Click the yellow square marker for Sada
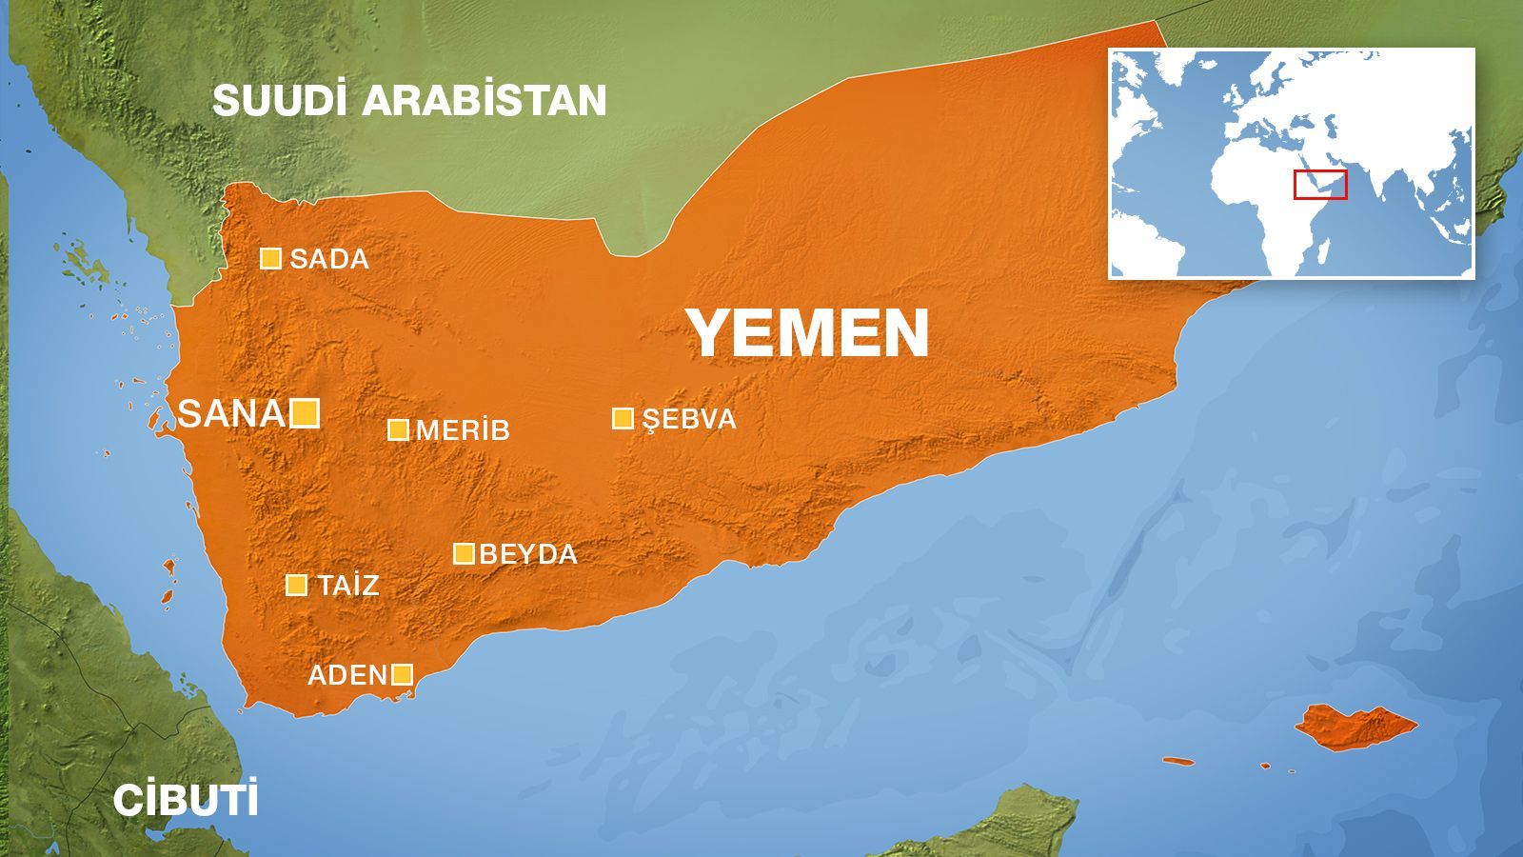click(271, 258)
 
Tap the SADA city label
click(328, 259)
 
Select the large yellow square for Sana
click(305, 413)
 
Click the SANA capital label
click(232, 413)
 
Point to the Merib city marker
click(398, 429)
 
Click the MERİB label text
click(463, 430)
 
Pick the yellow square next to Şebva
click(623, 418)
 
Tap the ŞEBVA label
click(689, 419)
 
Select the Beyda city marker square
click(464, 553)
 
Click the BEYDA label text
click(528, 554)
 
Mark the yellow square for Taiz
click(297, 585)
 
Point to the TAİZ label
click(348, 585)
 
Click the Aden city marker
click(403, 675)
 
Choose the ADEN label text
click(346, 675)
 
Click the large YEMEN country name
click(808, 333)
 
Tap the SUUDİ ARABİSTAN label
click(409, 100)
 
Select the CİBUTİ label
click(186, 801)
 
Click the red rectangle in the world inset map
click(1320, 185)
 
